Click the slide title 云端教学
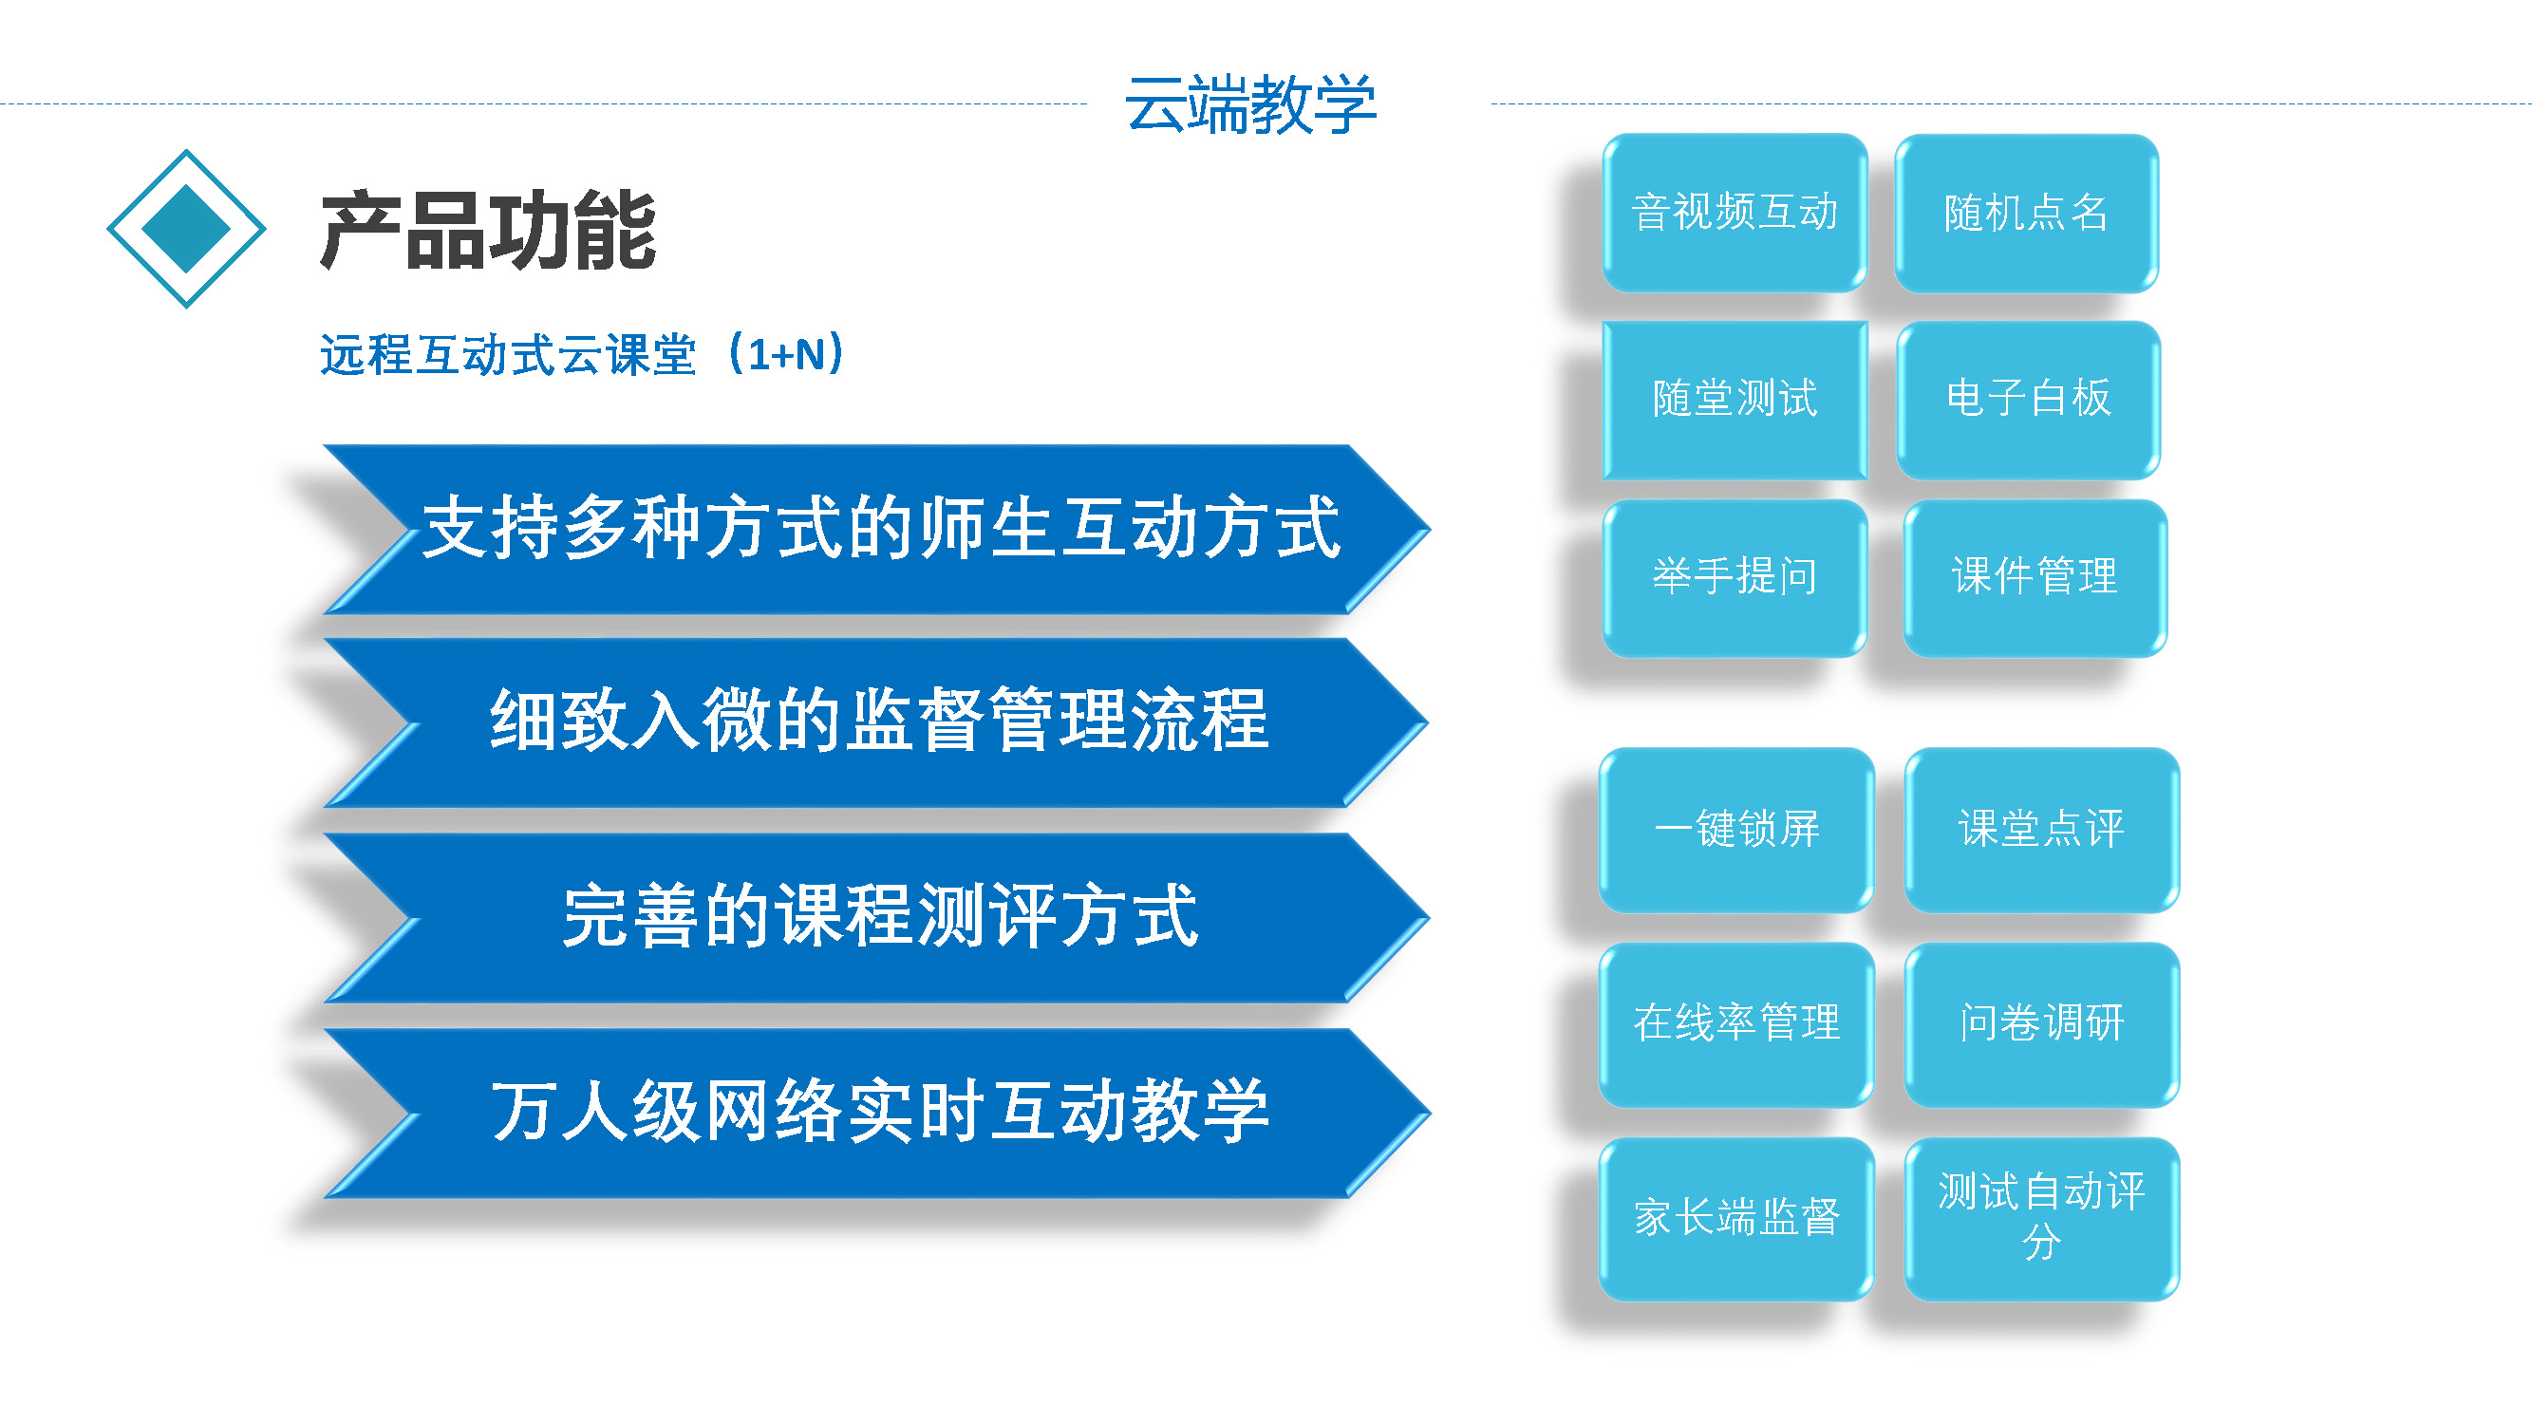pyautogui.click(x=1249, y=104)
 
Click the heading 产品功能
pyautogui.click(x=488, y=230)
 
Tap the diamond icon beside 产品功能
pyautogui.click(x=186, y=229)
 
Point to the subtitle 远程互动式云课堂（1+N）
pyautogui.click(x=583, y=354)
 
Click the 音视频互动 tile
pyautogui.click(x=1735, y=213)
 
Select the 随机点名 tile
pyautogui.click(x=2027, y=214)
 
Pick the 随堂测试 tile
pyautogui.click(x=1735, y=400)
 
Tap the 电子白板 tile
pyautogui.click(x=2029, y=400)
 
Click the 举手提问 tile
pyautogui.click(x=1735, y=578)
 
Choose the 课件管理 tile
pyautogui.click(x=2035, y=578)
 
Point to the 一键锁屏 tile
pyautogui.click(x=1736, y=831)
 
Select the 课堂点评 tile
pyautogui.click(x=2041, y=831)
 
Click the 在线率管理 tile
pyautogui.click(x=1736, y=1025)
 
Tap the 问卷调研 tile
pyautogui.click(x=2041, y=1025)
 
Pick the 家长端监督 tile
pyautogui.click(x=1736, y=1220)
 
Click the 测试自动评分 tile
pyautogui.click(x=2041, y=1220)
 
